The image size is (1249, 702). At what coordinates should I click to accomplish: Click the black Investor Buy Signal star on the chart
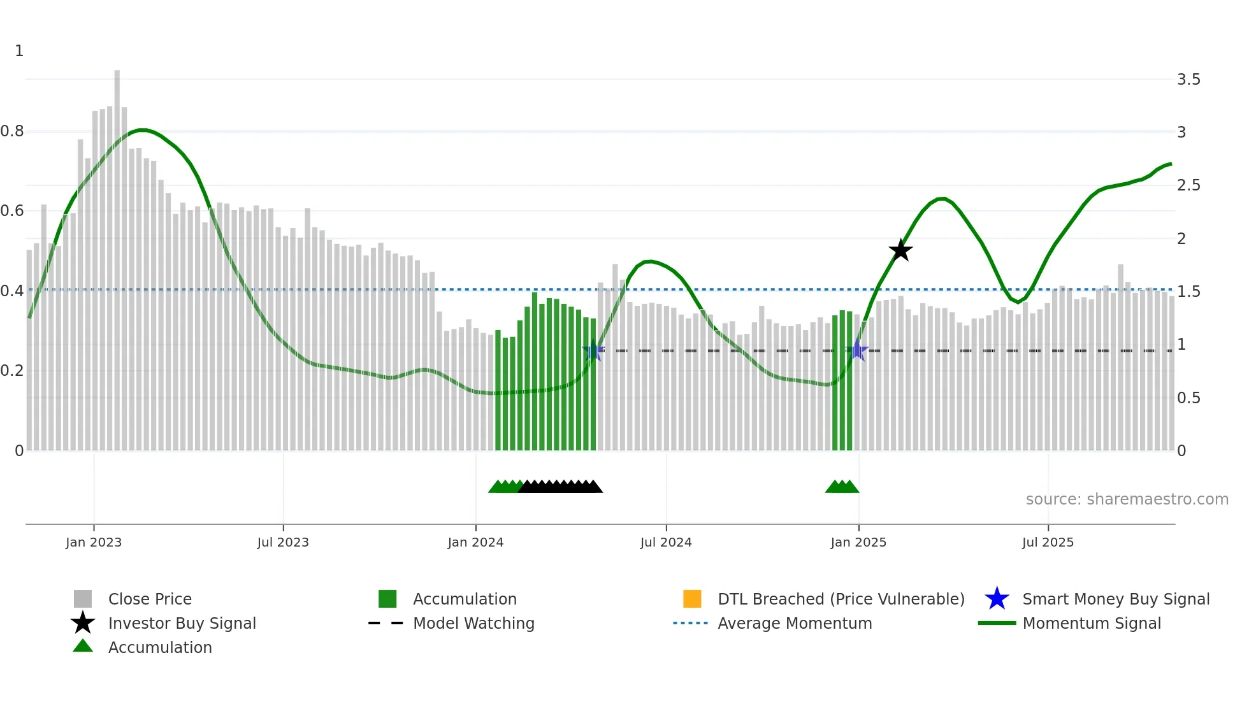coord(900,250)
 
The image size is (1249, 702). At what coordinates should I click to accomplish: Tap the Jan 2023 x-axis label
coord(94,542)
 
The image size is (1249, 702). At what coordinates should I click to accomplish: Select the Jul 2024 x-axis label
coord(666,542)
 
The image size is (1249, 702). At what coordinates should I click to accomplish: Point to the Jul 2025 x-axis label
coord(1048,542)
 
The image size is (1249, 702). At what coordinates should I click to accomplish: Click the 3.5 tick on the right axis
coord(1188,80)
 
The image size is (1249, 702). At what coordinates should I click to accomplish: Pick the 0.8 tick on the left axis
coord(12,131)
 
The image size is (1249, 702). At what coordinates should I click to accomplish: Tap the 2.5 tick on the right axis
coord(1188,185)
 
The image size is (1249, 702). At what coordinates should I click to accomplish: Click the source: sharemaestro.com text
coord(1127,499)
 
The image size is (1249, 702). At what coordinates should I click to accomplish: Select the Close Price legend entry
coord(150,599)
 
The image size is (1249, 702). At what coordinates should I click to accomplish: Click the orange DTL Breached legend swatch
coord(692,599)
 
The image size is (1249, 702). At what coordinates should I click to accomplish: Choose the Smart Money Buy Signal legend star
coord(997,599)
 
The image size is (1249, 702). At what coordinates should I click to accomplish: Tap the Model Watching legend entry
coord(473,623)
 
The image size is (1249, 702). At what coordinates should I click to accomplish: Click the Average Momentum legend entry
coord(795,623)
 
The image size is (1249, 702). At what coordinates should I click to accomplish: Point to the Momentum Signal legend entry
coord(1092,623)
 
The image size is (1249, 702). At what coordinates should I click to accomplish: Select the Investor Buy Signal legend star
coord(83,623)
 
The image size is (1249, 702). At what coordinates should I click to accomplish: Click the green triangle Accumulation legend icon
coord(83,646)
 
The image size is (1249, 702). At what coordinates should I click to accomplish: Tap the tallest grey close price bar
coord(117,255)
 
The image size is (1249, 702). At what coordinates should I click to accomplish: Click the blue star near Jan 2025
coord(858,350)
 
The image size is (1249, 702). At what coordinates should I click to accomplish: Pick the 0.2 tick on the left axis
coord(12,371)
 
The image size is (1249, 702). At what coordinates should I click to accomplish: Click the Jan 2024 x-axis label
coord(475,542)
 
